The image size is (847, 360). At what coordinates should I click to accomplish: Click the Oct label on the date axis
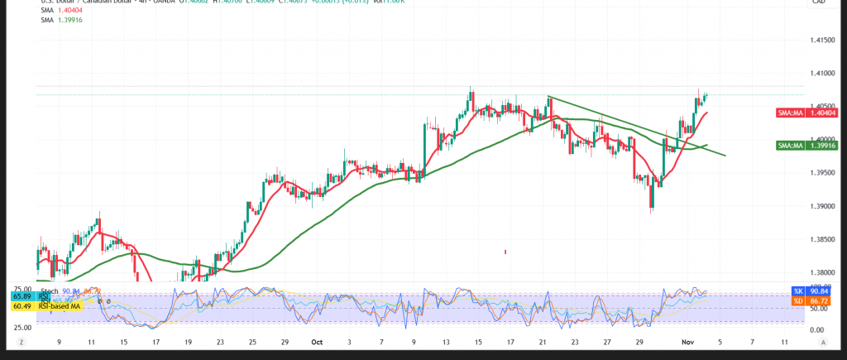315,341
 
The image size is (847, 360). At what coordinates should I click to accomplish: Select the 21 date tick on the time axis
543,341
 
